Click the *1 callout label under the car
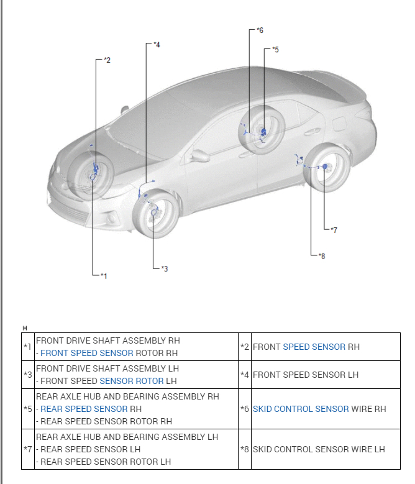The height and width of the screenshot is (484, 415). click(104, 275)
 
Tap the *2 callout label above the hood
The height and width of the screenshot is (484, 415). click(107, 60)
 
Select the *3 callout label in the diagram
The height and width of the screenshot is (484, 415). click(164, 268)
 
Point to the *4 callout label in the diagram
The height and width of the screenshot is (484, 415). click(157, 45)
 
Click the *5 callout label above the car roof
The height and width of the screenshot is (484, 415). click(275, 49)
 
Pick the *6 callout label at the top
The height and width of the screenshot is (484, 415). click(260, 30)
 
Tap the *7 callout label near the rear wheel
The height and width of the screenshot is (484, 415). click(334, 230)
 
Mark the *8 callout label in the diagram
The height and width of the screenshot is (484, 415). click(321, 255)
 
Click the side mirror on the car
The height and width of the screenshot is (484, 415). click(200, 155)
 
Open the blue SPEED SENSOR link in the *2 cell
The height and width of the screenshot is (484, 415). click(314, 347)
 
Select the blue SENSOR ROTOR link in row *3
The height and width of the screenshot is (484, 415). click(132, 381)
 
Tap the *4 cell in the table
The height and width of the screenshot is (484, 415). click(245, 375)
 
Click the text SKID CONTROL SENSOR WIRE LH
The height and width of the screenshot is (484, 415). click(319, 449)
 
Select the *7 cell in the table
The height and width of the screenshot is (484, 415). click(27, 449)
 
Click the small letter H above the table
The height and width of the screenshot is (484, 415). click(25, 327)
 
